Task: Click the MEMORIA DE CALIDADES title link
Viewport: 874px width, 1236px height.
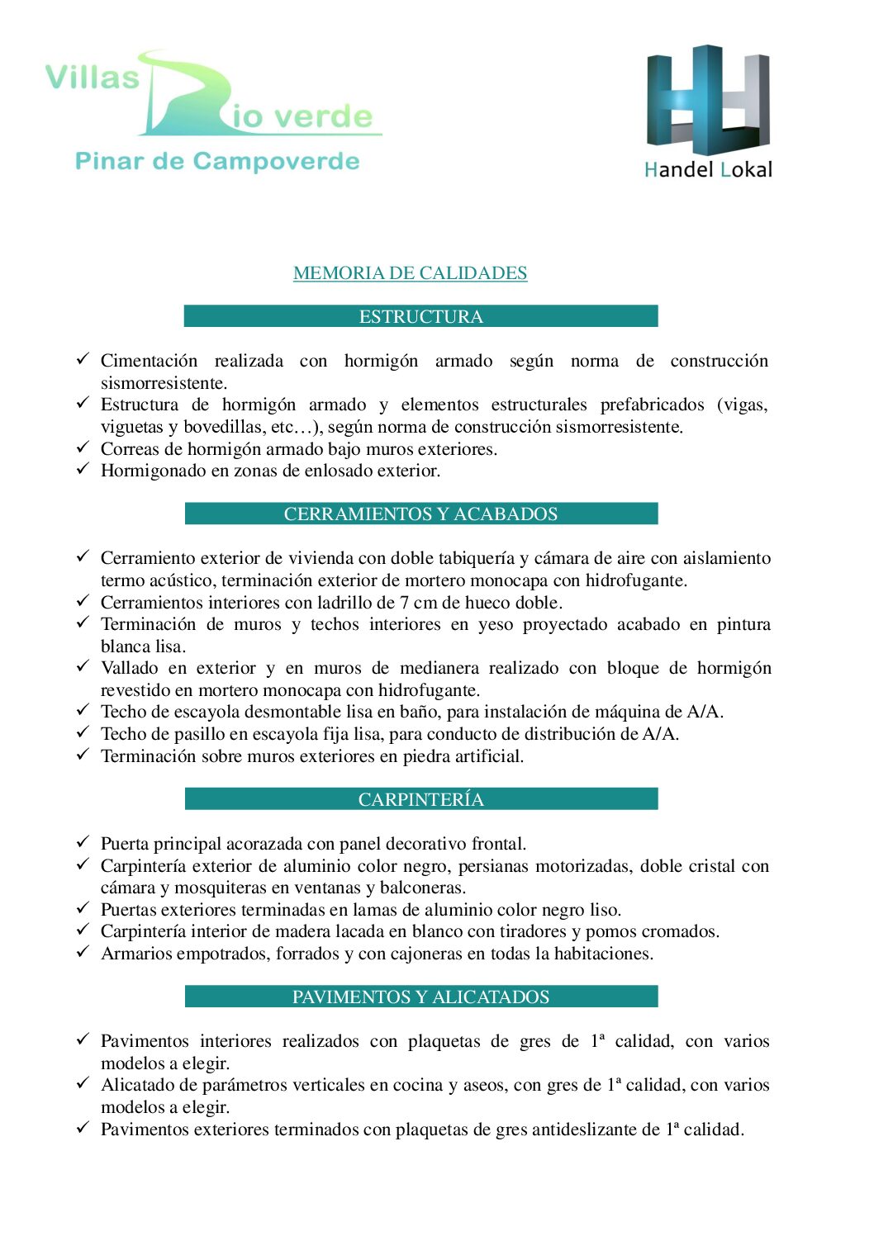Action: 410,272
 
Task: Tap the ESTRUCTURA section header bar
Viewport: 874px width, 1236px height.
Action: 420,316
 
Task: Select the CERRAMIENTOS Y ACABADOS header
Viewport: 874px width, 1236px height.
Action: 420,514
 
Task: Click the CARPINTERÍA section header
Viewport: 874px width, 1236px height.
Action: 420,799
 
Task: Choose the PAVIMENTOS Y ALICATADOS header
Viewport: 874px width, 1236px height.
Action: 420,997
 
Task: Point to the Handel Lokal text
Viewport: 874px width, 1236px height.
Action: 708,170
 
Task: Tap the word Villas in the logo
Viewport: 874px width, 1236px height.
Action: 93,78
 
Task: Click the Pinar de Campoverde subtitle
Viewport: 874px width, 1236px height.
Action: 217,161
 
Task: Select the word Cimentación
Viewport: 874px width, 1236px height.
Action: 149,361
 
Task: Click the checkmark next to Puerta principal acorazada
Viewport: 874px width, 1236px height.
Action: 83,841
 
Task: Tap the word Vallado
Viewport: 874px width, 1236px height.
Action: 130,668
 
